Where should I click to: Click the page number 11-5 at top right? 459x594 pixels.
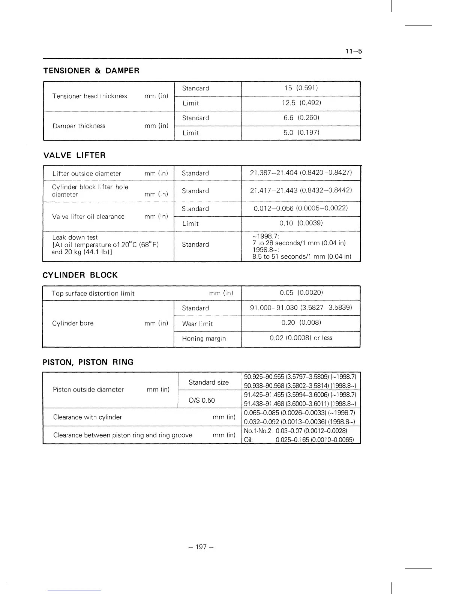tap(354, 51)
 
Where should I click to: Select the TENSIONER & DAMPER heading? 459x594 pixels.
tap(91, 70)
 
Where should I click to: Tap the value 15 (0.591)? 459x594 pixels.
tap(301, 88)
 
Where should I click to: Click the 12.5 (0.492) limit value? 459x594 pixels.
tap(301, 103)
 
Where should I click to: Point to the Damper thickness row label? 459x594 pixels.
tap(79, 126)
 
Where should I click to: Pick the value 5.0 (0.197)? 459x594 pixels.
tap(301, 132)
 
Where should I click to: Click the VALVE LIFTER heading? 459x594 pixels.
tap(74, 155)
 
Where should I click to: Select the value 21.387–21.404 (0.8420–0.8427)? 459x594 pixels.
tap(301, 172)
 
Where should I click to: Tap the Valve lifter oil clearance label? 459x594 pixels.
tap(88, 216)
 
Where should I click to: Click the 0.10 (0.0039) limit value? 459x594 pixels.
tap(301, 223)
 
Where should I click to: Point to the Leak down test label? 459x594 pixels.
tap(75, 237)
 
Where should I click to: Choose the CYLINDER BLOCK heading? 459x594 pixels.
tap(80, 275)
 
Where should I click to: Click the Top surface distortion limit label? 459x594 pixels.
tap(93, 293)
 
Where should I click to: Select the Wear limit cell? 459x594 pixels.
tap(197, 324)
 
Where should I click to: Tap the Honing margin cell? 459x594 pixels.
tap(204, 339)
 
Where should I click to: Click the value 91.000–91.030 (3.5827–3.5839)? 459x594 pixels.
tap(301, 307)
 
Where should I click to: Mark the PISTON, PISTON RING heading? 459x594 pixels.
tap(88, 362)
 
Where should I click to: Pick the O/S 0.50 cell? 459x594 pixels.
tap(202, 400)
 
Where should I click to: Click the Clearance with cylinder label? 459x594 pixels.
tap(87, 417)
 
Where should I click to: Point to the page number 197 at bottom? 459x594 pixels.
tap(201, 547)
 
